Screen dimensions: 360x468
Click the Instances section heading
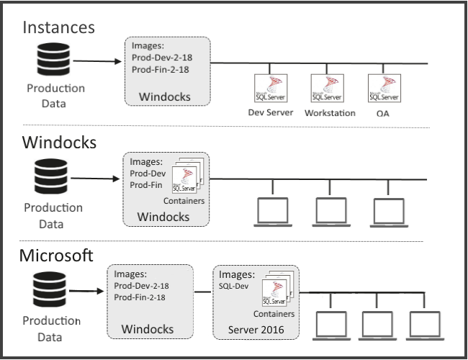(x=58, y=27)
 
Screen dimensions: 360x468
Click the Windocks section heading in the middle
(x=59, y=142)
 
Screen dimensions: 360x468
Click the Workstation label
(x=330, y=113)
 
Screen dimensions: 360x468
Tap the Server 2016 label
(x=256, y=329)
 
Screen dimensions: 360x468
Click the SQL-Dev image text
(x=233, y=286)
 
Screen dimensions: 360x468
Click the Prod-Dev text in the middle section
(x=145, y=174)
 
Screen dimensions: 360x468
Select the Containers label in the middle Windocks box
(x=184, y=201)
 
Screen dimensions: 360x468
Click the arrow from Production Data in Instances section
(x=97, y=60)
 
